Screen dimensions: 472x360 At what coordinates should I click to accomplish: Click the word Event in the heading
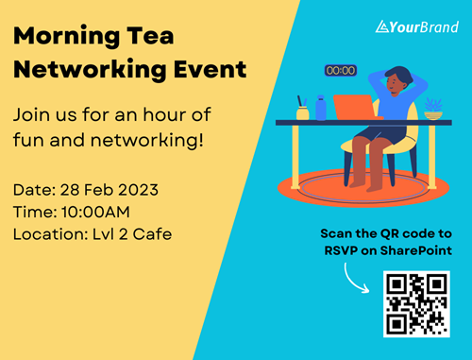pos(211,69)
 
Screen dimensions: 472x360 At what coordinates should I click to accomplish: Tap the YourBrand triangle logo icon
pos(382,26)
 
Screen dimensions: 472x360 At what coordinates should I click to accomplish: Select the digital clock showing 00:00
pos(341,70)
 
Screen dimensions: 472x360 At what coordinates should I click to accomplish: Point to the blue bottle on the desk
pos(321,108)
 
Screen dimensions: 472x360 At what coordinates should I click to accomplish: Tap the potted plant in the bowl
pos(433,109)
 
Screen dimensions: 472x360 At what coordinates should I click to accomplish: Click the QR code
pos(416,304)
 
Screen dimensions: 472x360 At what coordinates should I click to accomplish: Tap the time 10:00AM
pos(95,212)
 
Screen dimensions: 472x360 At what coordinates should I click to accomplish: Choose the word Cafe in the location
pos(152,234)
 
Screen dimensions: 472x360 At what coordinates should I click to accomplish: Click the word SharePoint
pos(416,250)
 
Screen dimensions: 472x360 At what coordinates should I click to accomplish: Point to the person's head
pos(397,78)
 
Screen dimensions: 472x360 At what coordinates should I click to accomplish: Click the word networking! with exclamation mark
pos(147,140)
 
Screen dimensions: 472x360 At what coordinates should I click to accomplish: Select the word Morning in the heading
pos(67,37)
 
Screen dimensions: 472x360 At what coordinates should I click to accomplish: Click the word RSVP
pos(341,250)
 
